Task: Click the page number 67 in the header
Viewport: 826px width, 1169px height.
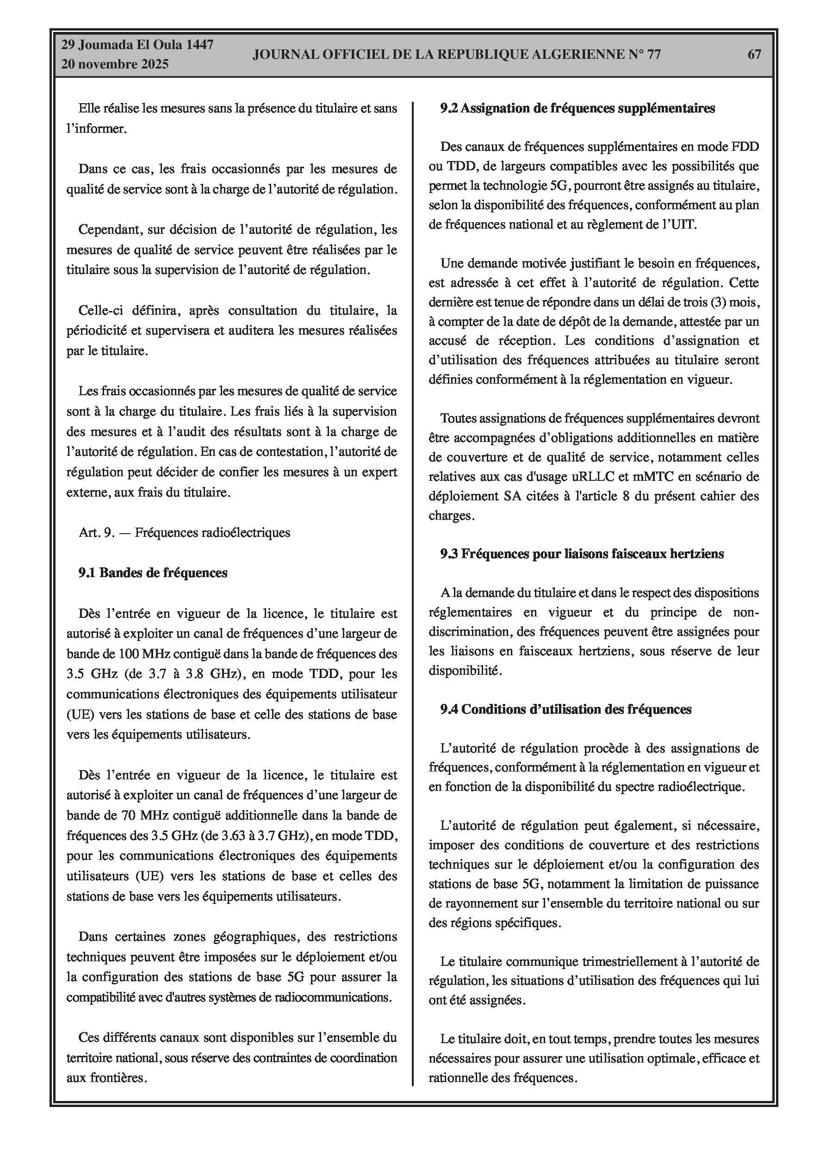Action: pyautogui.click(x=754, y=55)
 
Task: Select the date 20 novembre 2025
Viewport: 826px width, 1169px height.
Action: pyautogui.click(x=115, y=65)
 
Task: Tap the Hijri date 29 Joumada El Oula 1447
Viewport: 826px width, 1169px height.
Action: pyautogui.click(x=137, y=45)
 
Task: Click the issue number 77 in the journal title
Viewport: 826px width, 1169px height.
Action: pyautogui.click(x=653, y=55)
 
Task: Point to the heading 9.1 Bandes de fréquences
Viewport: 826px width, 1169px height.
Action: pyautogui.click(x=153, y=573)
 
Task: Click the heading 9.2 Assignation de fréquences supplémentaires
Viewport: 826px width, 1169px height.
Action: pyautogui.click(x=578, y=108)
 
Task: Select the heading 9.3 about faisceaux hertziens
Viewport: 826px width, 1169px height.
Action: pyautogui.click(x=582, y=554)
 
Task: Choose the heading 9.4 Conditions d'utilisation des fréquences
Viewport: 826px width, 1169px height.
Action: pyautogui.click(x=566, y=709)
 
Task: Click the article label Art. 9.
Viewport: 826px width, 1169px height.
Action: pyautogui.click(x=97, y=533)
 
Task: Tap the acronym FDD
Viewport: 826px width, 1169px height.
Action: pyautogui.click(x=745, y=147)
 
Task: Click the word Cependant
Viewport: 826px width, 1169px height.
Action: pyautogui.click(x=111, y=230)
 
